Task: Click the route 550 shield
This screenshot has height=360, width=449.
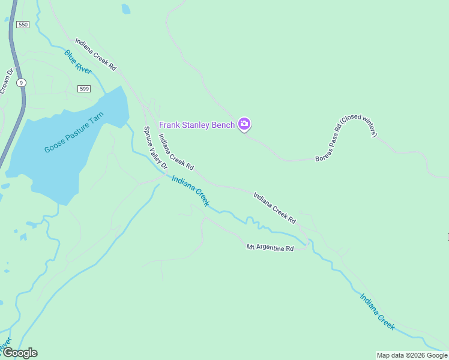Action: (23, 24)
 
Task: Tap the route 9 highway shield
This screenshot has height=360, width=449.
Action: (22, 82)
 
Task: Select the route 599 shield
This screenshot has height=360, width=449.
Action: (84, 89)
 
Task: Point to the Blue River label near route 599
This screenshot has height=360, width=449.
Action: (78, 62)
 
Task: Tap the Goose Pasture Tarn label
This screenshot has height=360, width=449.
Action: (74, 132)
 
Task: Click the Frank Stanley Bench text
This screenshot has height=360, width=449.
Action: (196, 125)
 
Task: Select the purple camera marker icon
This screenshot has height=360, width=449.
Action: (244, 124)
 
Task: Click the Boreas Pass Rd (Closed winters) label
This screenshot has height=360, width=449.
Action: (346, 139)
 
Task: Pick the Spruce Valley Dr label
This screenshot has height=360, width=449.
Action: (153, 152)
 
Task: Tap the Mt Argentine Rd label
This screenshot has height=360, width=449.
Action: (270, 247)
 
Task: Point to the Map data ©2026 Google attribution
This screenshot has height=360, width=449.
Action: (412, 355)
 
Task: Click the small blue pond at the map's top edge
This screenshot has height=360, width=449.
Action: (125, 8)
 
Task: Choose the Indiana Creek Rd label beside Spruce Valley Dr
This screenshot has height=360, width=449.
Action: (176, 151)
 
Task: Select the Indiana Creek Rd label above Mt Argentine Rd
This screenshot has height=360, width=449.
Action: (275, 208)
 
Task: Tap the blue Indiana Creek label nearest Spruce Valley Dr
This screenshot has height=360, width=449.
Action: (190, 191)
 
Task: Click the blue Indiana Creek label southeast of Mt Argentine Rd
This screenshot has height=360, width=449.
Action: (378, 311)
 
